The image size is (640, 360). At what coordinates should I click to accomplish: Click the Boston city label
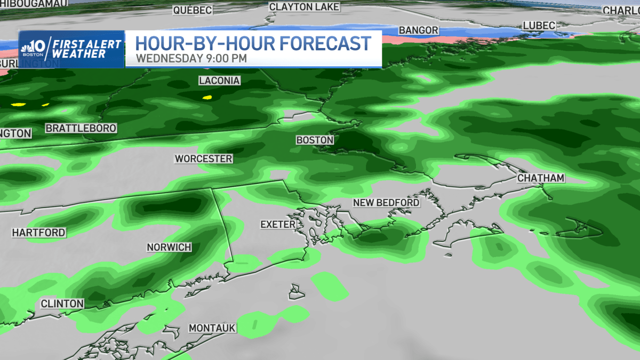[315, 140]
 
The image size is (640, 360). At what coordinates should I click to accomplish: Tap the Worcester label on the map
[204, 159]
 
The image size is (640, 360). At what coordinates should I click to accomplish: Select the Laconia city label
[219, 81]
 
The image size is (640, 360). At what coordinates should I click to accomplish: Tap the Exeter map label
[278, 225]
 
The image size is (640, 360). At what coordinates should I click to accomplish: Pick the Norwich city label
[169, 247]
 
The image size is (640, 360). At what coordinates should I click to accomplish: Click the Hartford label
[39, 233]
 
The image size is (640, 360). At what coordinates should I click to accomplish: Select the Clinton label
[62, 304]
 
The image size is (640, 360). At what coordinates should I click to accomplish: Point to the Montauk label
[212, 328]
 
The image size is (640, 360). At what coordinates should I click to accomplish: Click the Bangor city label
[419, 30]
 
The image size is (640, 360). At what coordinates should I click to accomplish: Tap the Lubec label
[539, 26]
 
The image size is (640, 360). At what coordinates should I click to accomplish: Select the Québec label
[193, 10]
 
